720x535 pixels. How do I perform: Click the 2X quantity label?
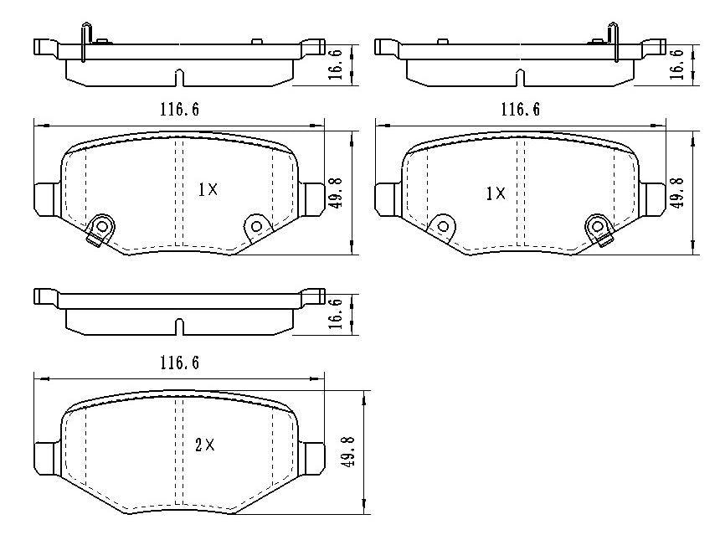coord(205,445)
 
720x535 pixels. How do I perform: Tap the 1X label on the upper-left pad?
coord(208,189)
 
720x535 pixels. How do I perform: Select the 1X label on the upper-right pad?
coord(496,193)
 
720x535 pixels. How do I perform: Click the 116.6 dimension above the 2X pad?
coord(179,363)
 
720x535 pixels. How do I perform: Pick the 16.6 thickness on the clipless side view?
coord(337,314)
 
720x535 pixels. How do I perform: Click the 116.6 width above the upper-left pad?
coord(179,110)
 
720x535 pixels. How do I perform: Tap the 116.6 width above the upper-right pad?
coord(520,110)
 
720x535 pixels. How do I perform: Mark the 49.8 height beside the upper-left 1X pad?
coord(337,193)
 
